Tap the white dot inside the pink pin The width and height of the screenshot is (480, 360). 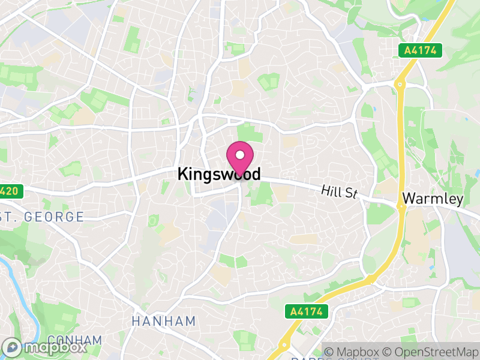click(x=240, y=155)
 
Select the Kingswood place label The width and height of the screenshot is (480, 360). click(x=219, y=175)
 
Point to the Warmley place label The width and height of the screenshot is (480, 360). click(x=433, y=198)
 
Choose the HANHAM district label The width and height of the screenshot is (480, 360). click(x=164, y=321)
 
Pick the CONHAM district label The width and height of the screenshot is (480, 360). click(x=74, y=341)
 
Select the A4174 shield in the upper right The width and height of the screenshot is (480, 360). click(x=420, y=51)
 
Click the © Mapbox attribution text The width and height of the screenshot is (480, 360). click(x=355, y=352)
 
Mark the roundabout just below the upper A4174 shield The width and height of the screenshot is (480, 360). click(x=400, y=85)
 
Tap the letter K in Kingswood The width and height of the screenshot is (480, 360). click(x=183, y=175)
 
